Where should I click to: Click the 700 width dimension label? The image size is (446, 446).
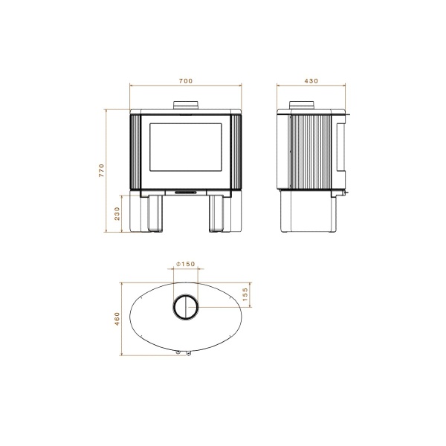pyautogui.click(x=186, y=80)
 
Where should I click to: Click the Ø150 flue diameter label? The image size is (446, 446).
pyautogui.click(x=186, y=265)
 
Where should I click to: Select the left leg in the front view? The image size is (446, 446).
pyautogui.click(x=157, y=213)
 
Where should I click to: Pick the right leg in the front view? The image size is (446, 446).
pyautogui.click(x=217, y=213)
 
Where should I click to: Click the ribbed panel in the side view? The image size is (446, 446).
pyautogui.click(x=309, y=152)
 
